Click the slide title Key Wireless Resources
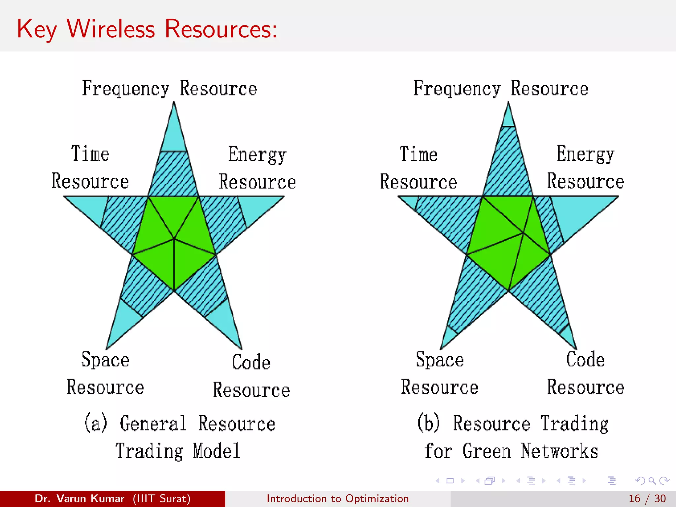pos(147,29)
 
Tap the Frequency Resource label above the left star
pos(169,88)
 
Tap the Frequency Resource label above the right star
pos(501,88)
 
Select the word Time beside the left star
pos(90,153)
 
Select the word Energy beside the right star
pos(585,153)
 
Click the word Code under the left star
pos(251,362)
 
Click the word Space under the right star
pos(440,359)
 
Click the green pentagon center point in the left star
pos(174,238)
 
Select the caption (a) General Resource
pos(180,423)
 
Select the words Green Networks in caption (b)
pos(530,451)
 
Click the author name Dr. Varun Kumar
pos(80,498)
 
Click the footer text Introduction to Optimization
pos(338,498)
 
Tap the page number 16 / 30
pos(647,498)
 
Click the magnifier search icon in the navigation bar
pos(652,481)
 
